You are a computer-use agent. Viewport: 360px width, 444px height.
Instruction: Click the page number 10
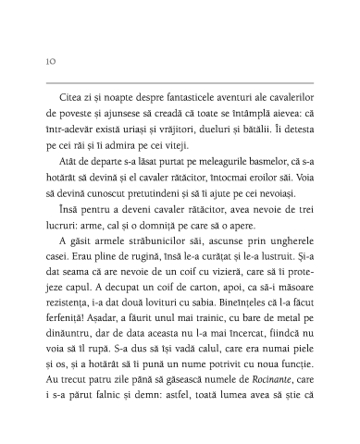tap(49, 62)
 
